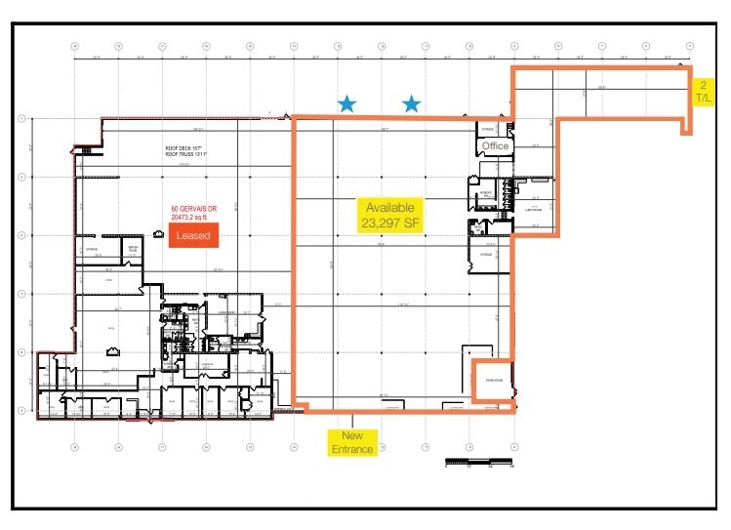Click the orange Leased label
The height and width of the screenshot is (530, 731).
(192, 235)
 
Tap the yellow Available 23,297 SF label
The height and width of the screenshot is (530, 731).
(390, 215)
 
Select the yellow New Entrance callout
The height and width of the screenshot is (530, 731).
(353, 442)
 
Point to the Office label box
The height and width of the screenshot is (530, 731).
(495, 146)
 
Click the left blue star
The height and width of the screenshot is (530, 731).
(346, 103)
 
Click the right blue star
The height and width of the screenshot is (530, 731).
(412, 103)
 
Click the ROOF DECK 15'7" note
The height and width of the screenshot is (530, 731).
(183, 148)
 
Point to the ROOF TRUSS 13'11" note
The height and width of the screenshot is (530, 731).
(183, 156)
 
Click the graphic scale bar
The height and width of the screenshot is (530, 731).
(478, 460)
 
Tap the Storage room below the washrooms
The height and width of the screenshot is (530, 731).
(486, 256)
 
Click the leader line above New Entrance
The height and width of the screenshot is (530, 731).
(353, 421)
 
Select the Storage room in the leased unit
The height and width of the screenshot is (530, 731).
(91, 249)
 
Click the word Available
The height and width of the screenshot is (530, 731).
(390, 208)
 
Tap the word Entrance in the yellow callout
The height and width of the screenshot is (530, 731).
(353, 449)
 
